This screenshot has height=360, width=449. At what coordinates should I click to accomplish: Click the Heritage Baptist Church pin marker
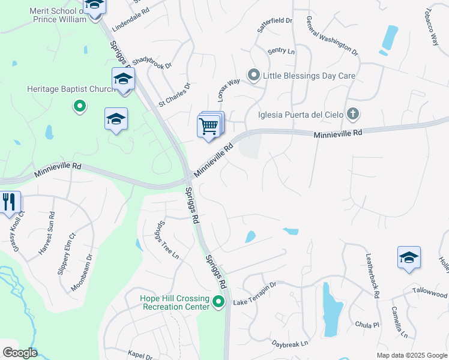(79, 107)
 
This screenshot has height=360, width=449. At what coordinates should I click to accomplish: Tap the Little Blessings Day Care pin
(254, 76)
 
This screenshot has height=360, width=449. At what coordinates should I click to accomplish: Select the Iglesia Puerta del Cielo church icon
(353, 113)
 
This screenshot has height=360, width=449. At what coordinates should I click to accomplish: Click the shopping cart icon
(208, 127)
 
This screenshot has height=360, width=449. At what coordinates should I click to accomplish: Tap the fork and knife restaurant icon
(8, 202)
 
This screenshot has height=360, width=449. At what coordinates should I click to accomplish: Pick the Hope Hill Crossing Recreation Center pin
(218, 302)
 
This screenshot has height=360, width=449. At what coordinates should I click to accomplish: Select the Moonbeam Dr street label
(83, 272)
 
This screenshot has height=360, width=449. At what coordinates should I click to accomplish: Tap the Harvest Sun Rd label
(47, 233)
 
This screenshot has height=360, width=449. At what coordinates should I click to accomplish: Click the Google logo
(20, 352)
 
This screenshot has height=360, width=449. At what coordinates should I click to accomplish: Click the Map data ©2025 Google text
(411, 355)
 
